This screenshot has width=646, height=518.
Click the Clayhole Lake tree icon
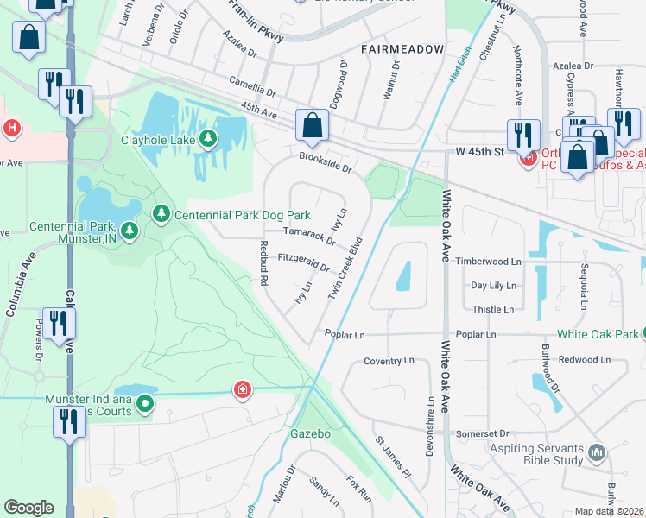click(207, 138)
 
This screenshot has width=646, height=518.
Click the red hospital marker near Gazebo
click(244, 390)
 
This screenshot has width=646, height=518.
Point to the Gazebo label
click(311, 433)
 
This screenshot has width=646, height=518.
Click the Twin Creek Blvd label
click(343, 268)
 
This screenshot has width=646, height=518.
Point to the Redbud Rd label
click(264, 263)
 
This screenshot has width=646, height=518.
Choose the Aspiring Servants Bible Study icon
click(596, 452)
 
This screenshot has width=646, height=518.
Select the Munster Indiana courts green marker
click(145, 402)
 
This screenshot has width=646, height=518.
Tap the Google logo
click(28, 508)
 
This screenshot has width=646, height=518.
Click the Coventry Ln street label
click(389, 362)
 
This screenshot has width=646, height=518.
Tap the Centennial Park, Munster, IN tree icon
click(129, 230)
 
